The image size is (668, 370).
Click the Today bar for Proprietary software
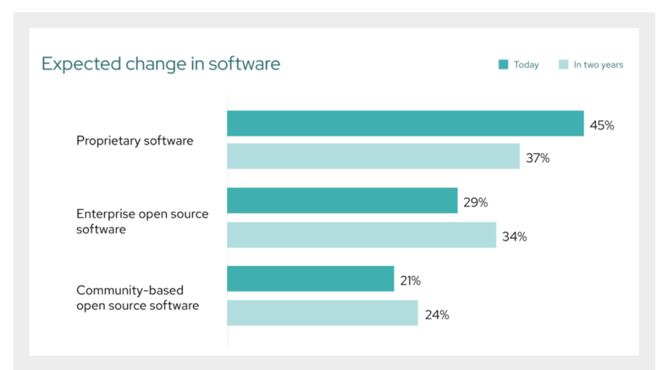tap(405, 124)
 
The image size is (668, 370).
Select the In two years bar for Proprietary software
tap(373, 156)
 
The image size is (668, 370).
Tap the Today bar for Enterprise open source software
tap(342, 201)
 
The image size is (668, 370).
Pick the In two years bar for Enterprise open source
tap(361, 235)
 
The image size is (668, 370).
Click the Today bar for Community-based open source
tap(310, 279)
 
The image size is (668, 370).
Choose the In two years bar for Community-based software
tap(322, 313)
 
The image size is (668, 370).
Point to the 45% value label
tap(602, 125)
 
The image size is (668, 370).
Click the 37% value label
tap(537, 158)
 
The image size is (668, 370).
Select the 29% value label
tap(476, 202)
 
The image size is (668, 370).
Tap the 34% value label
tap(515, 237)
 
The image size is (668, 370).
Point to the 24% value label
tap(437, 315)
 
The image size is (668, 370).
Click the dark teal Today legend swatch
tap(503, 65)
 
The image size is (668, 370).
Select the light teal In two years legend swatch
tap(563, 65)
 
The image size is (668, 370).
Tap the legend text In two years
tap(598, 65)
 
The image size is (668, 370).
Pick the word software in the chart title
tap(244, 64)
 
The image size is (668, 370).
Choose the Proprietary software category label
tap(135, 141)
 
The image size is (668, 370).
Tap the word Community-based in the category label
tap(130, 290)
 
